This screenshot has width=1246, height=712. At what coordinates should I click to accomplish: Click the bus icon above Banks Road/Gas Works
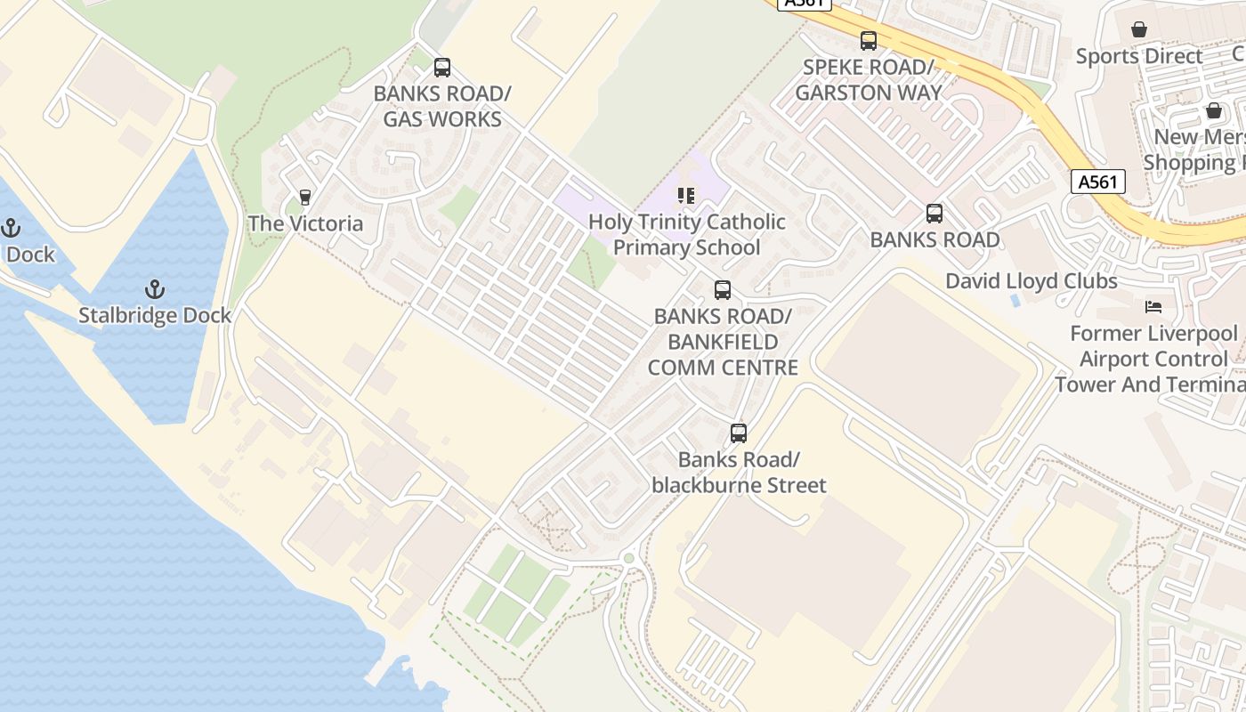(442, 68)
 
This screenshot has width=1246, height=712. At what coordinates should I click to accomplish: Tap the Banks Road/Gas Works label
(442, 107)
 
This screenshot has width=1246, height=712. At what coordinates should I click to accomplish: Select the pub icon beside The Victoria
(305, 197)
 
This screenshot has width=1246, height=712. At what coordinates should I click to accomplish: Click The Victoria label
(305, 223)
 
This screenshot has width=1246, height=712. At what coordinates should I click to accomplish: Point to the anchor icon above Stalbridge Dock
(155, 289)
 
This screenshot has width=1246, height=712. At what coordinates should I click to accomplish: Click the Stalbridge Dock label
(155, 315)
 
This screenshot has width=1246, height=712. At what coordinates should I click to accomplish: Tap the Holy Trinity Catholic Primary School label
(687, 235)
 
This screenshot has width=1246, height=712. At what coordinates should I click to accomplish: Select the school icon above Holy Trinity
(685, 195)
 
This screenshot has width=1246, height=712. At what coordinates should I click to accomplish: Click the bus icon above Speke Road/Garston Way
(868, 41)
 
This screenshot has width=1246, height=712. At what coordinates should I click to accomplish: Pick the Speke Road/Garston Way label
(868, 80)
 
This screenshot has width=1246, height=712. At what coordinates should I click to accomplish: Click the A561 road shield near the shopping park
(1096, 182)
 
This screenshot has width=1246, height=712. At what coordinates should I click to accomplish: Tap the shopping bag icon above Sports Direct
(1139, 29)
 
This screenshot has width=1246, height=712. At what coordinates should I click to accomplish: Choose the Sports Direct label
(1139, 56)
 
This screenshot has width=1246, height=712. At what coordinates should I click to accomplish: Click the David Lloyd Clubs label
(1031, 281)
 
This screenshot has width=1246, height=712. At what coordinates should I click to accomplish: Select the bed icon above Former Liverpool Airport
(1153, 307)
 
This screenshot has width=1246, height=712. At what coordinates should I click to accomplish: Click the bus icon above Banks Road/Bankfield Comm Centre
(723, 290)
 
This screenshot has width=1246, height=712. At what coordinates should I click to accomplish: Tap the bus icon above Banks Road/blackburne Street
(739, 433)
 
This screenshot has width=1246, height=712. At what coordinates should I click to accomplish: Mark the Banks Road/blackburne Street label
(739, 473)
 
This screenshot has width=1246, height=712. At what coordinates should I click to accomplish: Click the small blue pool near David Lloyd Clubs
(1016, 301)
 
